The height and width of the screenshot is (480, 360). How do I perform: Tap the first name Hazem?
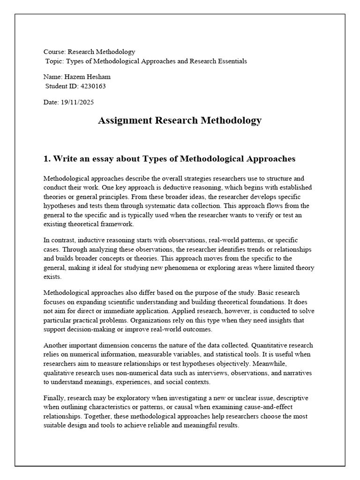tap(74, 77)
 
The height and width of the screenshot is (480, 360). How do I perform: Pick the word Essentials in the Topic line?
tap(231, 61)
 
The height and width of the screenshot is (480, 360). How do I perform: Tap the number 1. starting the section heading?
tap(46, 158)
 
